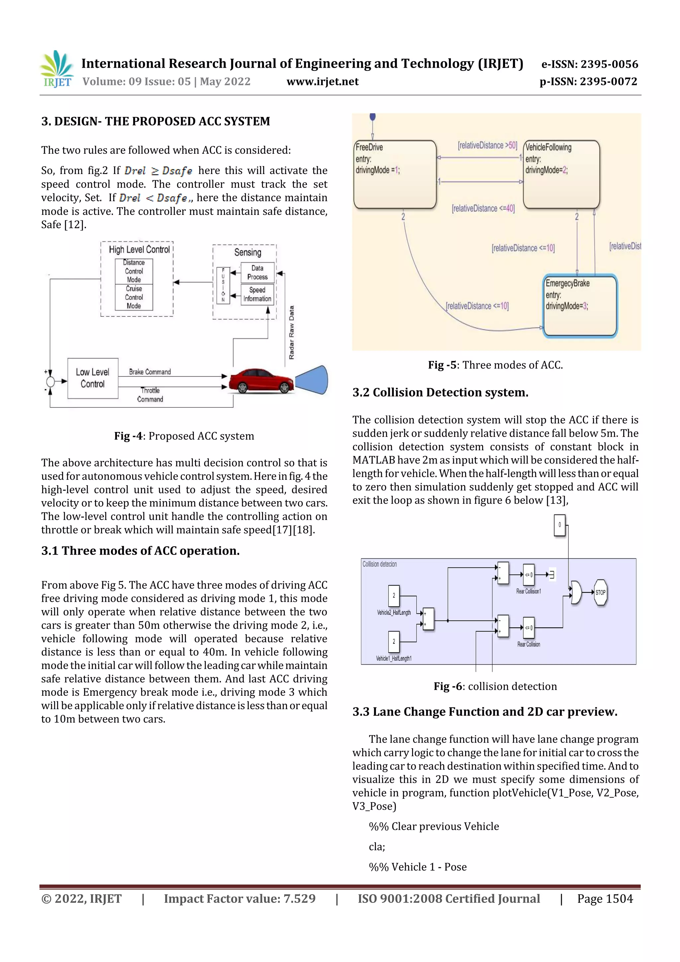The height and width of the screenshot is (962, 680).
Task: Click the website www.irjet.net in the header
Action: [x=322, y=82]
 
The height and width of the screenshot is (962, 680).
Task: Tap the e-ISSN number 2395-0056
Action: [x=609, y=64]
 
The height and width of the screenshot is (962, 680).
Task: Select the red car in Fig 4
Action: [x=261, y=381]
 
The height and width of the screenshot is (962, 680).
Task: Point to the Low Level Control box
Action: [x=93, y=378]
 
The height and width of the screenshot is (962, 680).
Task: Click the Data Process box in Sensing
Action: [x=257, y=273]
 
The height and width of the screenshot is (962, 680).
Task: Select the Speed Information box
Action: [x=257, y=294]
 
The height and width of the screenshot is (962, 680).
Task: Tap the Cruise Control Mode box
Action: [x=134, y=298]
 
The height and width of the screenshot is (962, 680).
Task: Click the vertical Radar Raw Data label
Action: [x=292, y=332]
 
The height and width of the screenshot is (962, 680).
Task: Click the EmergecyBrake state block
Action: [x=580, y=306]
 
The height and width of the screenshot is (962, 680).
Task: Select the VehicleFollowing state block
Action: [x=561, y=174]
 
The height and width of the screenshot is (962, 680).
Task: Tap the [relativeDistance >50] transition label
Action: [x=487, y=145]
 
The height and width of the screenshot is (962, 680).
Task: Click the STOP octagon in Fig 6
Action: [x=600, y=592]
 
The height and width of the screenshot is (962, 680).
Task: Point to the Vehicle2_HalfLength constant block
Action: [x=393, y=595]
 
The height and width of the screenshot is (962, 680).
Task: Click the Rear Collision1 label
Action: [x=528, y=591]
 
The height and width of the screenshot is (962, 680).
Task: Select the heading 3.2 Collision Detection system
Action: [x=440, y=393]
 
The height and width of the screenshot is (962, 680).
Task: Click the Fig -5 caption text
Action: [x=495, y=365]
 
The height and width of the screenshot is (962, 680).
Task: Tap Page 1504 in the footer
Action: [x=605, y=899]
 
